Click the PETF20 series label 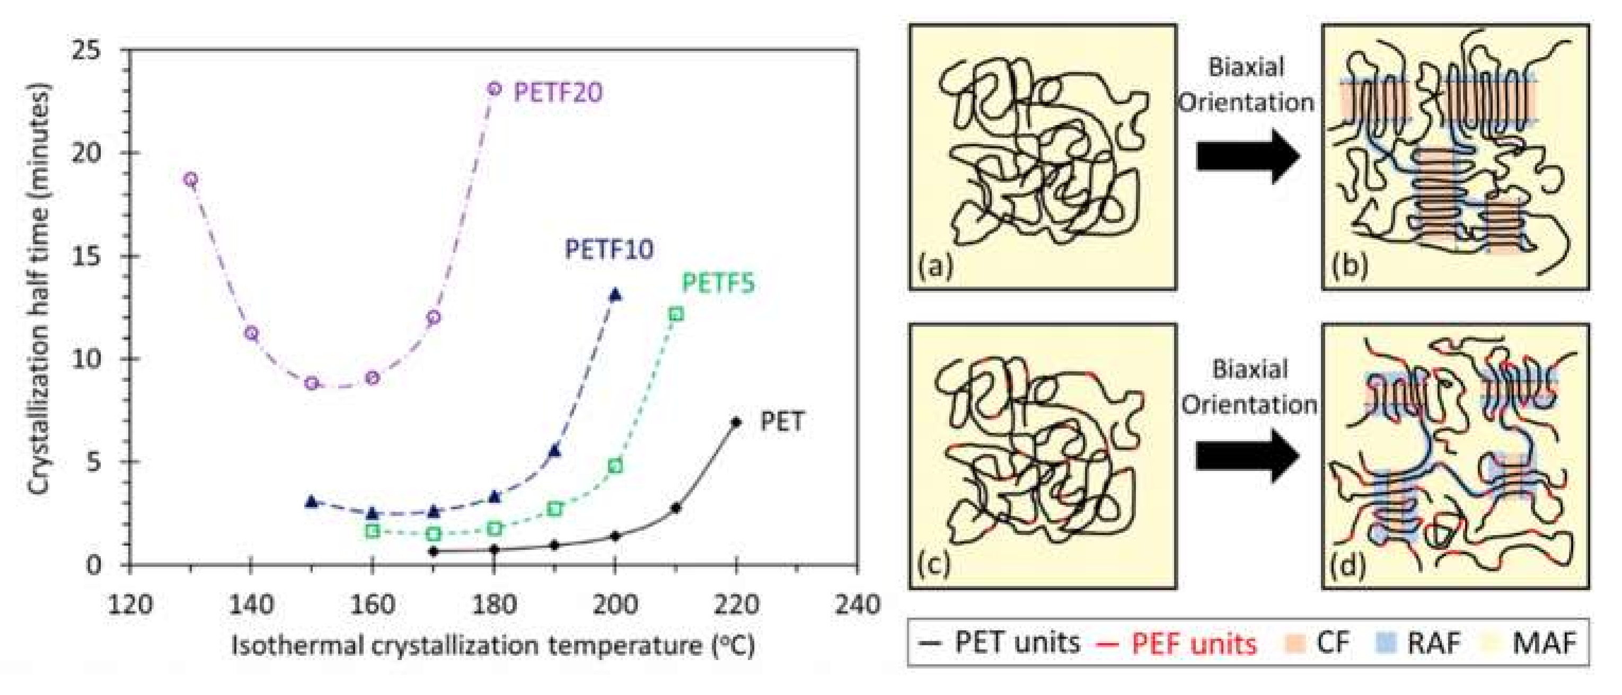(x=558, y=93)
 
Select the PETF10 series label (x=609, y=250)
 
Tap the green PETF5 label (x=718, y=283)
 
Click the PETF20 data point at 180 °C (x=495, y=89)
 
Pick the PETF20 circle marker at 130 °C (x=191, y=180)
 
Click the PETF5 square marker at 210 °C (x=676, y=314)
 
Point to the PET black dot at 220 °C (x=735, y=422)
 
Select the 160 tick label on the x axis (x=373, y=605)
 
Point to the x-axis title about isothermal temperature (x=492, y=646)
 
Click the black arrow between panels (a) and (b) (x=1248, y=157)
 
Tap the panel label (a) (x=936, y=267)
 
